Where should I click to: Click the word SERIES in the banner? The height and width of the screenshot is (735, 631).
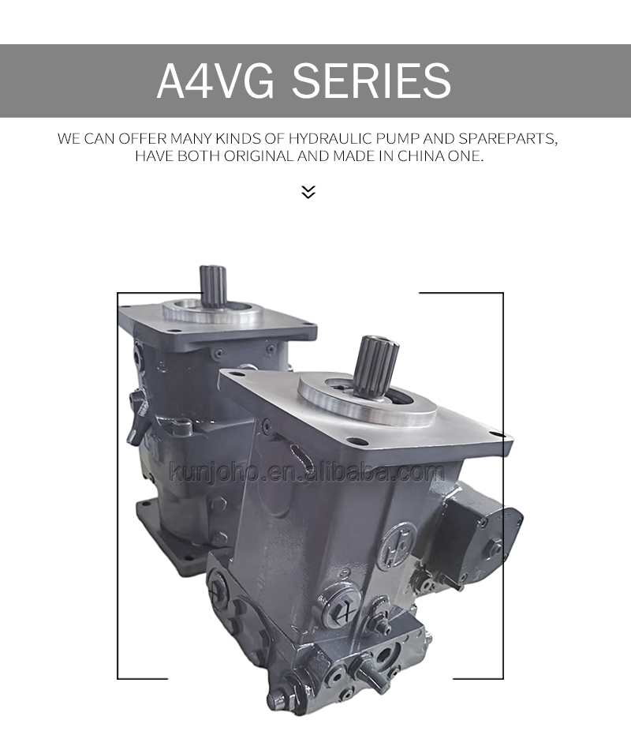point(372,81)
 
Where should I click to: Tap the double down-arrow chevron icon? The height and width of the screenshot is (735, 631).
point(308,192)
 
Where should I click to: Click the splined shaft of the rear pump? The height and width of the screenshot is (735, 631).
point(212,285)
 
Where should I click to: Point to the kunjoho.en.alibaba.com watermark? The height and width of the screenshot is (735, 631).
point(308,474)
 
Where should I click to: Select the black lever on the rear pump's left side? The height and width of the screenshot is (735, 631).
point(140,414)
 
